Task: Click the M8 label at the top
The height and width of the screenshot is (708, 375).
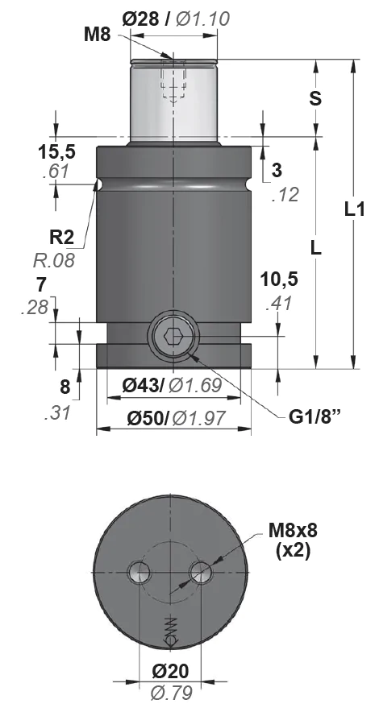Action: (98, 35)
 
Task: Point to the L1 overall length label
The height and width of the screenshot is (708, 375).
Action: (355, 210)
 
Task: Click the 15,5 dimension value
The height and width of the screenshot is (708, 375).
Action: (56, 152)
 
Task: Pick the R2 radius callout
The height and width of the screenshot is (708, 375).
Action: (61, 237)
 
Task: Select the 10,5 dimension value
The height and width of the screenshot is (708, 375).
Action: (279, 279)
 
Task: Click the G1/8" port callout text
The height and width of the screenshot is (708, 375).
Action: (315, 416)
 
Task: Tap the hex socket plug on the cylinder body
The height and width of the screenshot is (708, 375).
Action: (173, 336)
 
